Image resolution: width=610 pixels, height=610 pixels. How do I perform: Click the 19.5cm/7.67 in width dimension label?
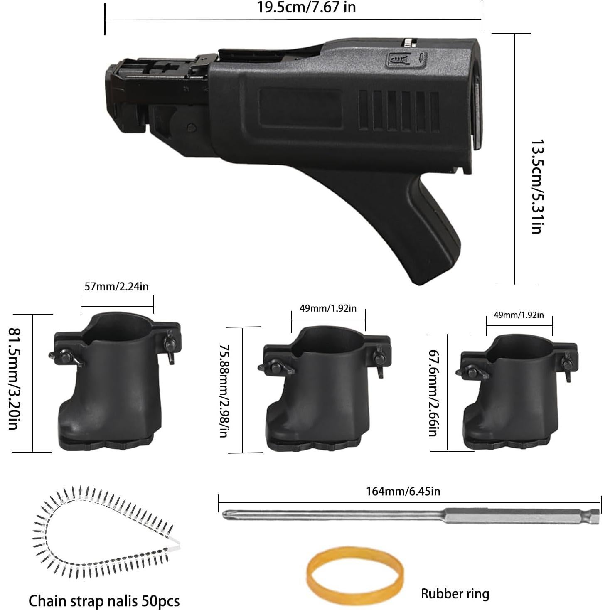[x=306, y=7]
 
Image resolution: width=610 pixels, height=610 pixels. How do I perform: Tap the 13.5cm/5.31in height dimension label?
[x=537, y=187]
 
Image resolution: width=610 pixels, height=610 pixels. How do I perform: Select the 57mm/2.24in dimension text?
[x=116, y=286]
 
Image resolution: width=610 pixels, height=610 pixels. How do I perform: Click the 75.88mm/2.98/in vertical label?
[x=224, y=390]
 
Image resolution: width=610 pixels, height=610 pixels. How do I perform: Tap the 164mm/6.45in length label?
[x=403, y=491]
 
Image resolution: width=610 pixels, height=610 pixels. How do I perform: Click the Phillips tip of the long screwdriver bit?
[x=227, y=516]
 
